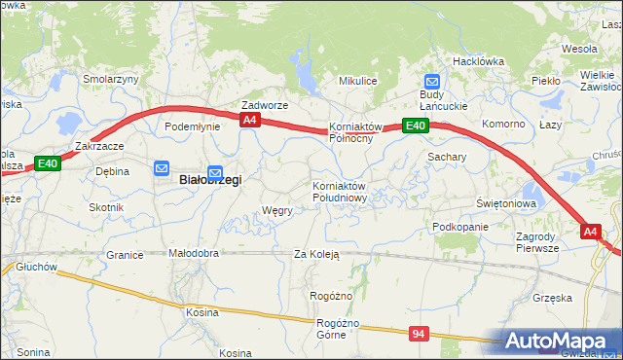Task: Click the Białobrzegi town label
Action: [209, 180]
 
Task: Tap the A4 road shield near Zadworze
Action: [250, 120]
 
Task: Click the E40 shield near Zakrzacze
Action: [48, 163]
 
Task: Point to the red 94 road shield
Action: [419, 334]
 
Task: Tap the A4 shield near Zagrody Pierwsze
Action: [591, 231]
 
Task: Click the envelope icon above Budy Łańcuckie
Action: [432, 83]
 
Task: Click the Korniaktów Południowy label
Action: [339, 192]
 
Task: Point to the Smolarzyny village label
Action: [111, 80]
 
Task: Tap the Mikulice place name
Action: [357, 81]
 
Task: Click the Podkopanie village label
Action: [460, 227]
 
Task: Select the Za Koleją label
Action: [316, 254]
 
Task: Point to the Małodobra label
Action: [194, 254]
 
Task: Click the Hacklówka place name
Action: [478, 60]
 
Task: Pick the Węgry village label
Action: [277, 210]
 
